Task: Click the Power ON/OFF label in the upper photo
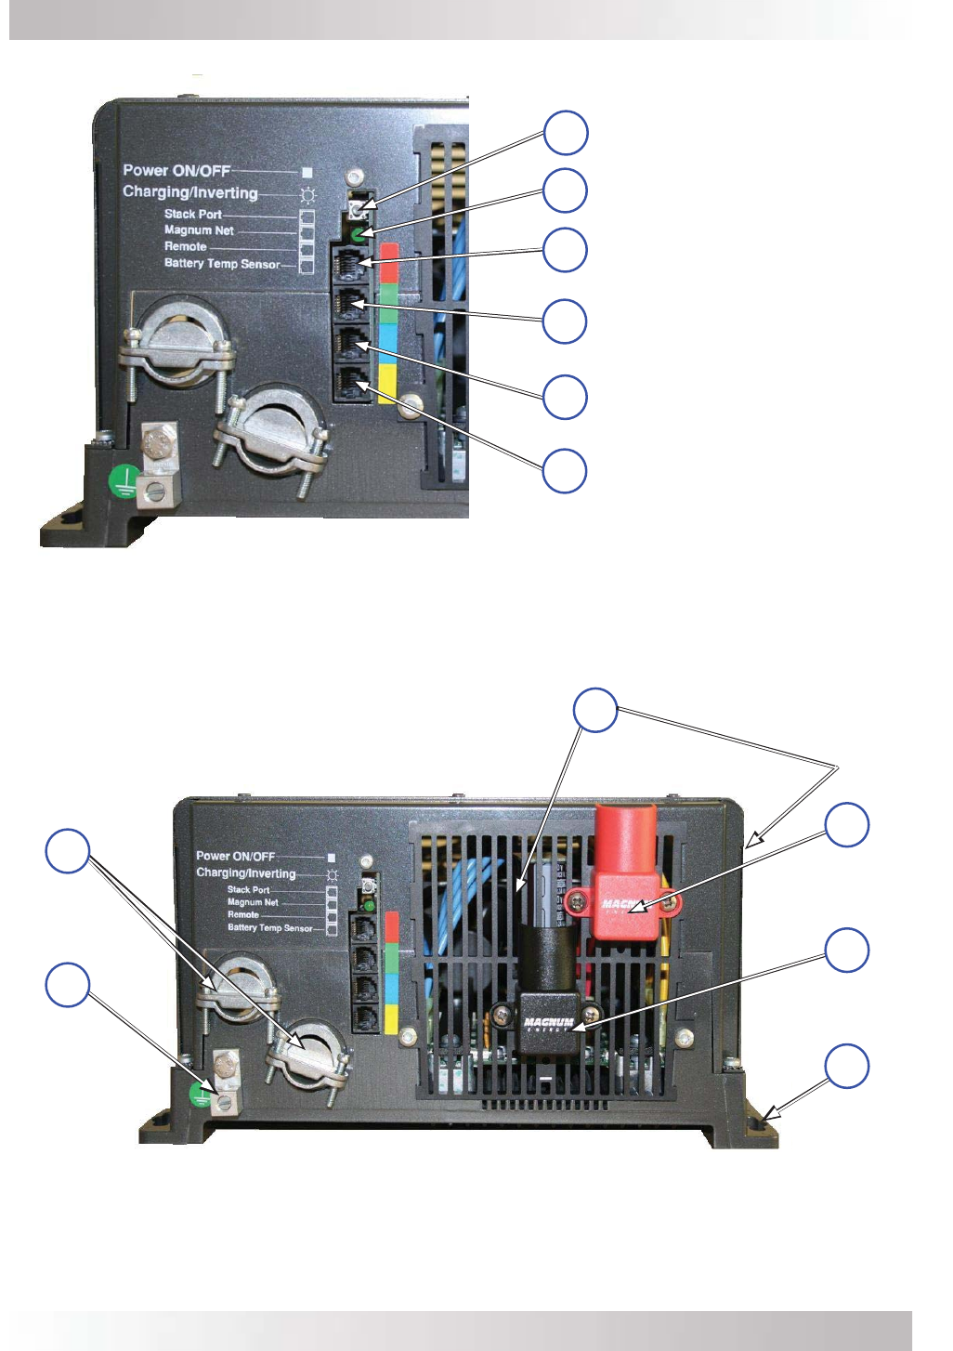pyautogui.click(x=176, y=170)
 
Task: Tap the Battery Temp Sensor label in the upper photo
pyautogui.click(x=222, y=264)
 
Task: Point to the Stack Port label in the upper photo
pyautogui.click(x=193, y=214)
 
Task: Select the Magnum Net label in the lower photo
pyautogui.click(x=253, y=902)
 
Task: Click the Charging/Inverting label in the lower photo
pyautogui.click(x=245, y=873)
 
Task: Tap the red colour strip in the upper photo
pyautogui.click(x=389, y=262)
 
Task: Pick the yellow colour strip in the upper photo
pyautogui.click(x=388, y=383)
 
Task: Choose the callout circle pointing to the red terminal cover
pyautogui.click(x=847, y=825)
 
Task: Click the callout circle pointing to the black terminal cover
pyautogui.click(x=847, y=950)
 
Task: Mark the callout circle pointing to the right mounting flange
pyautogui.click(x=847, y=1066)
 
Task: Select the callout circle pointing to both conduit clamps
pyautogui.click(x=68, y=851)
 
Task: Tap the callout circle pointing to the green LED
pyautogui.click(x=565, y=191)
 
